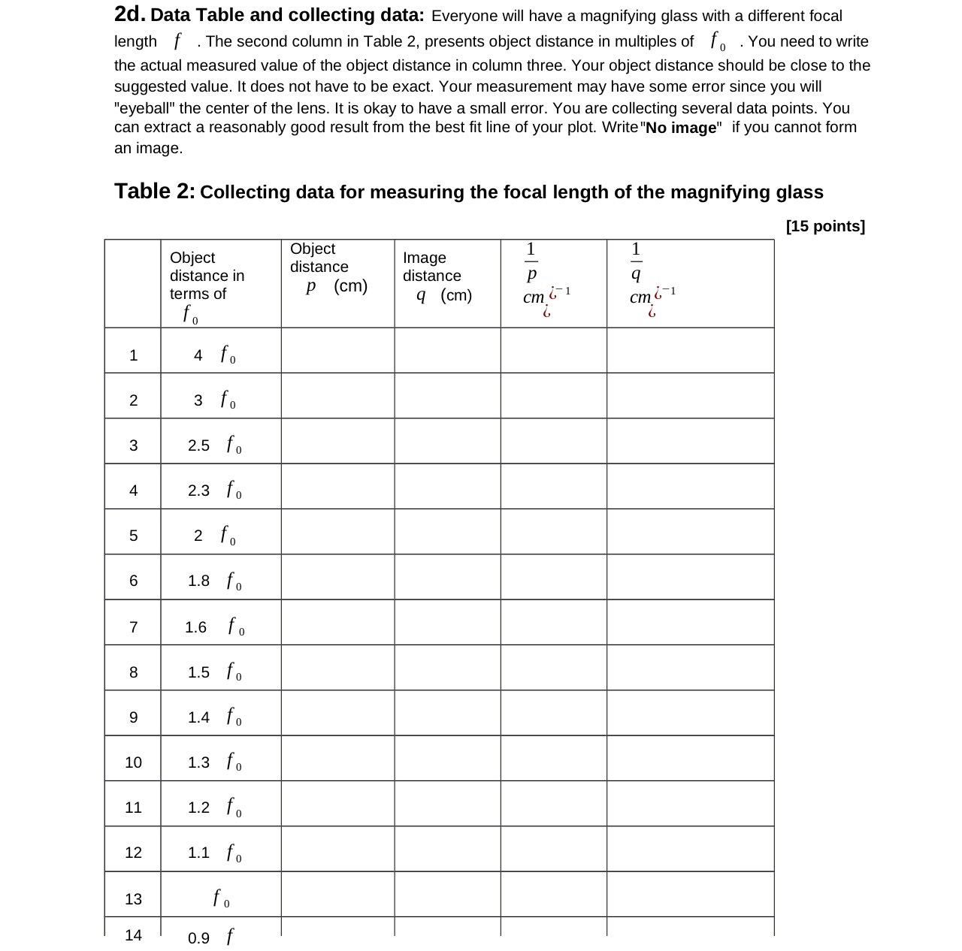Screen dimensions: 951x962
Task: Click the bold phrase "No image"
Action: pyautogui.click(x=681, y=128)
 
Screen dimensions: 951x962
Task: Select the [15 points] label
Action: pyautogui.click(x=825, y=226)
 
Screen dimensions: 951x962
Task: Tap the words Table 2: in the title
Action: pyautogui.click(x=155, y=192)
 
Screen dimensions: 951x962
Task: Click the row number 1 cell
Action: pyautogui.click(x=133, y=355)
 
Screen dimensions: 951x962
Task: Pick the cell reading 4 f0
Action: pyautogui.click(x=215, y=355)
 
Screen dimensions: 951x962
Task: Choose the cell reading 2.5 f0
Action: pyautogui.click(x=215, y=445)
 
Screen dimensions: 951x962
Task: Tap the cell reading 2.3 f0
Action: pyautogui.click(x=215, y=491)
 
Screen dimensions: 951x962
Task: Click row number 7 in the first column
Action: pyautogui.click(x=133, y=626)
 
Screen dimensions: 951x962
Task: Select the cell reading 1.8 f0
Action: pyautogui.click(x=215, y=581)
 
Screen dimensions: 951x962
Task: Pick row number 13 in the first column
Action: pyautogui.click(x=133, y=898)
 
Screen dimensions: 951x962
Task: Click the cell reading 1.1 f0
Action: pyautogui.click(x=215, y=853)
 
